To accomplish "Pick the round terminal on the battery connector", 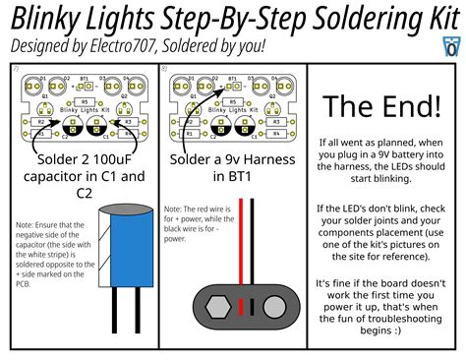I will pos(270,309).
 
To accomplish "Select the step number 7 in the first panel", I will pos(14,69).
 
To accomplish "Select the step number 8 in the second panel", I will pos(163,69).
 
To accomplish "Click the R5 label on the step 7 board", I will pos(84,101).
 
